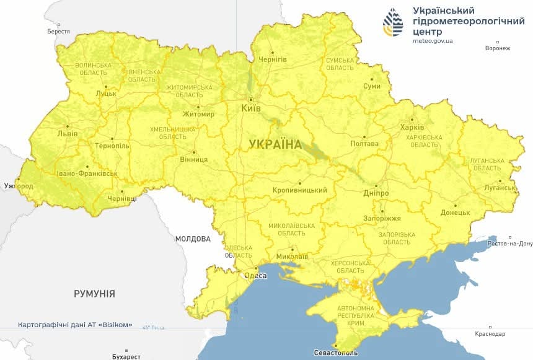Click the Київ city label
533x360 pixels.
tap(250, 108)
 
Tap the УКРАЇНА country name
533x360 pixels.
tap(275, 144)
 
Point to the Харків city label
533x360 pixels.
tap(412, 128)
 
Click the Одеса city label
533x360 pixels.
tap(256, 276)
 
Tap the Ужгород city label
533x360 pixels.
tap(18, 186)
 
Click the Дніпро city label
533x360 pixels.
tap(376, 193)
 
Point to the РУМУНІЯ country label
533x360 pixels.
tap(94, 294)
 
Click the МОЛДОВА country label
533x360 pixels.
tap(193, 239)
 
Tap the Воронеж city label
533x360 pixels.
tap(498, 48)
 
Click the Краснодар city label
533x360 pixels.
tap(490, 334)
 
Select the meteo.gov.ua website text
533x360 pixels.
tap(433, 41)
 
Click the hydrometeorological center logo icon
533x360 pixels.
tap(393, 23)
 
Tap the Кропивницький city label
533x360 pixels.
tap(299, 190)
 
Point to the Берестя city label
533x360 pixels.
tap(58, 31)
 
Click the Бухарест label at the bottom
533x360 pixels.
tap(123, 356)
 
